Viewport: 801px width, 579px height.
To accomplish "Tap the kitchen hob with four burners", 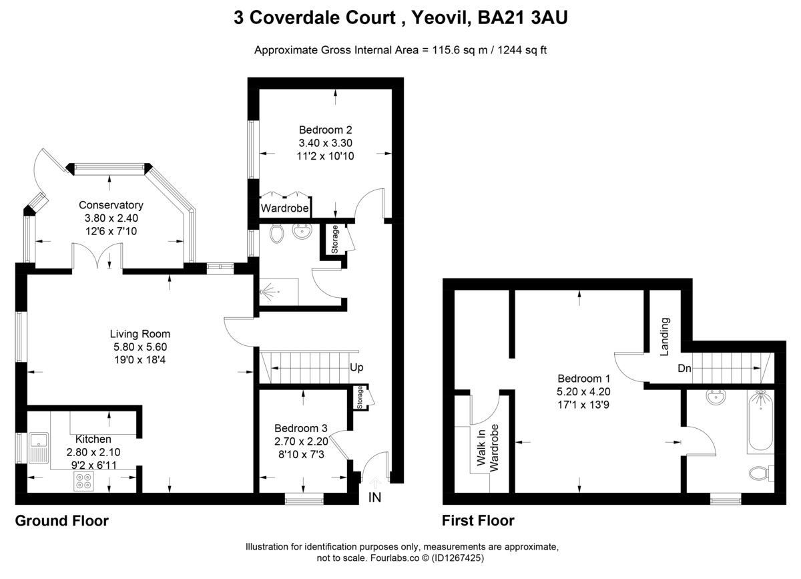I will [84, 481].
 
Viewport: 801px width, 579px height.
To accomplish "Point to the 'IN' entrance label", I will [375, 498].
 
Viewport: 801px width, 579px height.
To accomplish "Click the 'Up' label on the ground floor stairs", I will [356, 368].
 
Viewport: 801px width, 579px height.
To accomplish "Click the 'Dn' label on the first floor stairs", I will [684, 368].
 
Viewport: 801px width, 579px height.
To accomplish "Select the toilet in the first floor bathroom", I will [758, 473].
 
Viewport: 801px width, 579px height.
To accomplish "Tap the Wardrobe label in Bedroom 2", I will [284, 209].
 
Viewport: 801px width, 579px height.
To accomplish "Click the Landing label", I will [665, 337].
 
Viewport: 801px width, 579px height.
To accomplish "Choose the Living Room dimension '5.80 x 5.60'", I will [140, 347].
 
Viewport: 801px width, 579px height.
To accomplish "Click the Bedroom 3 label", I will [300, 428].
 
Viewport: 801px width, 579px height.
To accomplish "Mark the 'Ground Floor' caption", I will [61, 521].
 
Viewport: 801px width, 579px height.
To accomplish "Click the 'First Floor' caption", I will [478, 521].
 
